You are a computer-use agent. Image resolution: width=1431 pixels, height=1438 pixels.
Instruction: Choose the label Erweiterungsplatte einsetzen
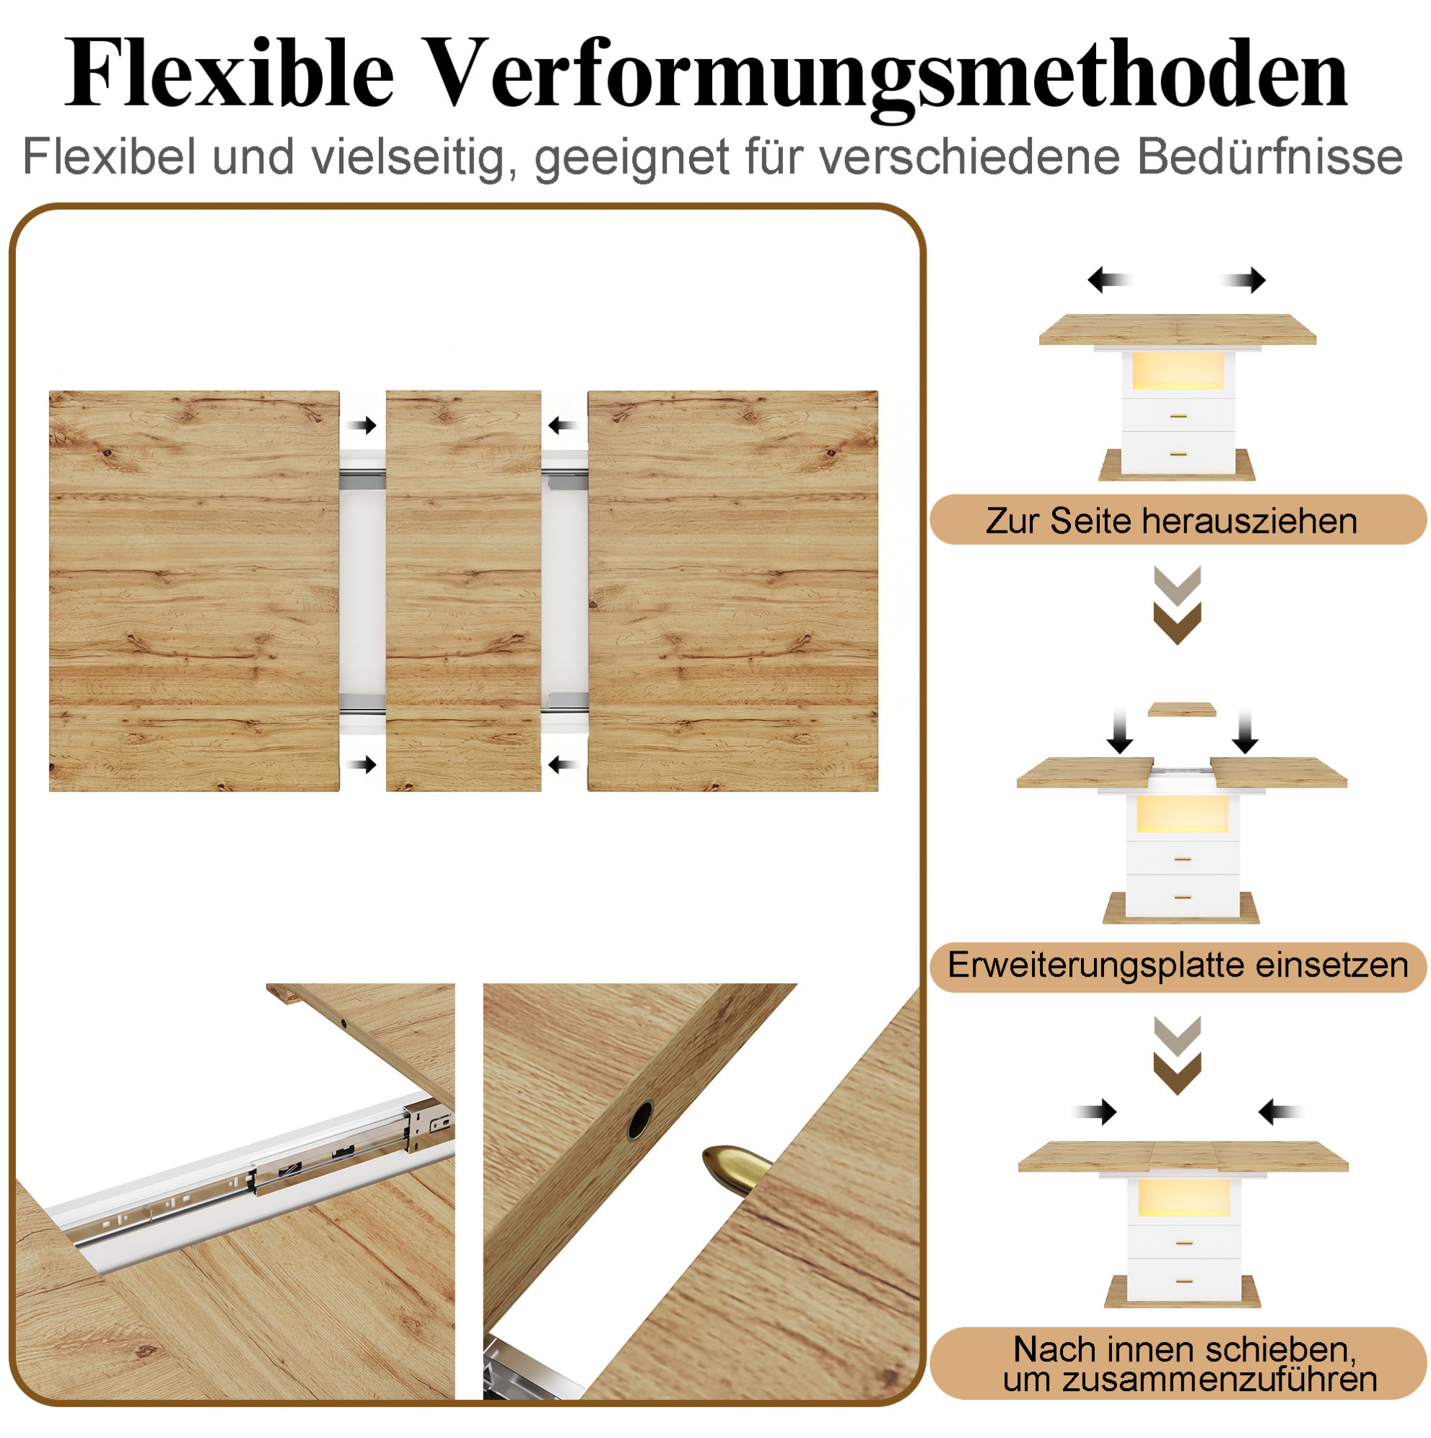pyautogui.click(x=1178, y=964)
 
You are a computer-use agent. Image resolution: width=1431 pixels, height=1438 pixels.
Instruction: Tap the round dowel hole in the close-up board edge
pyautogui.click(x=639, y=1120)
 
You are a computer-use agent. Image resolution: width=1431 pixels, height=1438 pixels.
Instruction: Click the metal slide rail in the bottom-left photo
pyautogui.click(x=253, y=1177)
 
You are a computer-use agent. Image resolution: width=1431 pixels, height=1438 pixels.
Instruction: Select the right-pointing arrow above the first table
pyautogui.click(x=1243, y=280)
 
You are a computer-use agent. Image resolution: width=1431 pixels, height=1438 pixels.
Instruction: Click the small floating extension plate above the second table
pyautogui.click(x=1182, y=710)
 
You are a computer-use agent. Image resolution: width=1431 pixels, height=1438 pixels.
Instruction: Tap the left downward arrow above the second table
pyautogui.click(x=1119, y=731)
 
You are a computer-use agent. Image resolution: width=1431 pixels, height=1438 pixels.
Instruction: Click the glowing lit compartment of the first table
pyautogui.click(x=1178, y=371)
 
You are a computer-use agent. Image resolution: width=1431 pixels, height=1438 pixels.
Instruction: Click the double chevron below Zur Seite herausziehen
pyautogui.click(x=1177, y=605)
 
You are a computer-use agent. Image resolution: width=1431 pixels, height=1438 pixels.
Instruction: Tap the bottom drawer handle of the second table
pyautogui.click(x=1183, y=897)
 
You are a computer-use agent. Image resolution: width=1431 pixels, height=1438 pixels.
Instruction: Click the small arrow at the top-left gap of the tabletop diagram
pyautogui.click(x=362, y=426)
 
